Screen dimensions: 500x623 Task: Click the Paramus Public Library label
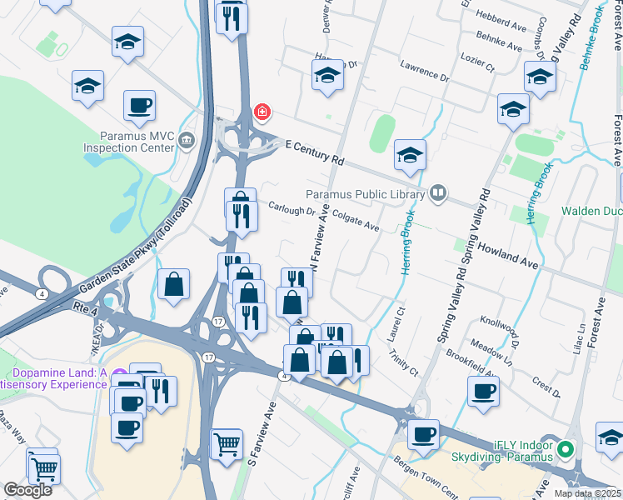click(365, 194)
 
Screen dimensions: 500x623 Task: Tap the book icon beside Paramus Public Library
click(438, 194)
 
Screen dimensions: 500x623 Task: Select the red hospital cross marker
click(262, 112)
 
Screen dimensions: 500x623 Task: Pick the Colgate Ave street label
click(356, 220)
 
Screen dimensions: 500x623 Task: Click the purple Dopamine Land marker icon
click(120, 375)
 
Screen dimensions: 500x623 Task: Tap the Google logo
click(27, 489)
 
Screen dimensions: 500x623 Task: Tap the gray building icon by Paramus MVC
click(186, 140)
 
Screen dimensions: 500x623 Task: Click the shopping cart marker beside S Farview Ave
click(226, 445)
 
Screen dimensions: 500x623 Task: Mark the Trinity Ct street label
click(405, 362)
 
